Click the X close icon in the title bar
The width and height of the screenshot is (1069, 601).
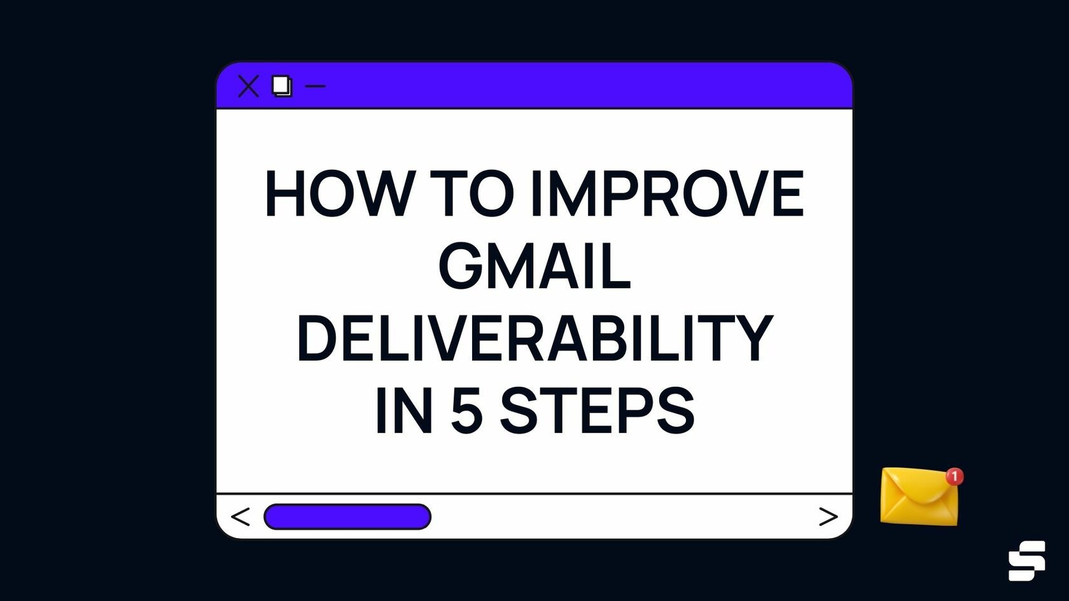coord(248,86)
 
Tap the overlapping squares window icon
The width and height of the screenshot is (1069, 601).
coord(282,86)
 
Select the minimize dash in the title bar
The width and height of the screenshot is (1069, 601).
coord(316,86)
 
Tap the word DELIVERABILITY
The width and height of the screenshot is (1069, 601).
coord(534,338)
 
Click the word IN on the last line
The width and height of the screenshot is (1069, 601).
coord(404,411)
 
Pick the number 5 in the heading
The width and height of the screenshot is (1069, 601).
coord(467,411)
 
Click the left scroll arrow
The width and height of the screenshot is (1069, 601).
coord(241,516)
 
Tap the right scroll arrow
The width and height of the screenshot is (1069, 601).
coord(828,516)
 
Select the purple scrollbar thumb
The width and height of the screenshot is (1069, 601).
coord(347,516)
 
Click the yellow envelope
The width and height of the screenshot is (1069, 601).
coord(918,497)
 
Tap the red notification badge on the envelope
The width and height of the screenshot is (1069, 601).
coord(954,476)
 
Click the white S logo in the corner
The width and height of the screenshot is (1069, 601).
coord(1026,560)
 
